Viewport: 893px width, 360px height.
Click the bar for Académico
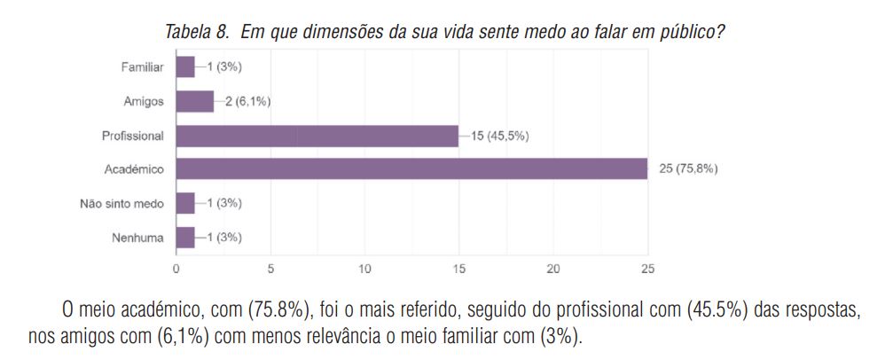click(411, 169)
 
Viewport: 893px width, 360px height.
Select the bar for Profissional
click(317, 136)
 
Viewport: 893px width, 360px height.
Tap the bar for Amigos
click(195, 101)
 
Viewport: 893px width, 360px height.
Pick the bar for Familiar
click(185, 67)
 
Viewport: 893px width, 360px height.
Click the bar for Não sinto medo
click(185, 203)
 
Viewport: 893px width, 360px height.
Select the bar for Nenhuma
click(185, 237)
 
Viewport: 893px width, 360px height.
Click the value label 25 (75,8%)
click(688, 169)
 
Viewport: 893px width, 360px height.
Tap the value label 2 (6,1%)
click(244, 101)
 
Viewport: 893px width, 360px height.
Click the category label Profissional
click(132, 136)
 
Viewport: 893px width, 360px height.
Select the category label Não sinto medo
click(121, 203)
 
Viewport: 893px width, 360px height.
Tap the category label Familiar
click(142, 67)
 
